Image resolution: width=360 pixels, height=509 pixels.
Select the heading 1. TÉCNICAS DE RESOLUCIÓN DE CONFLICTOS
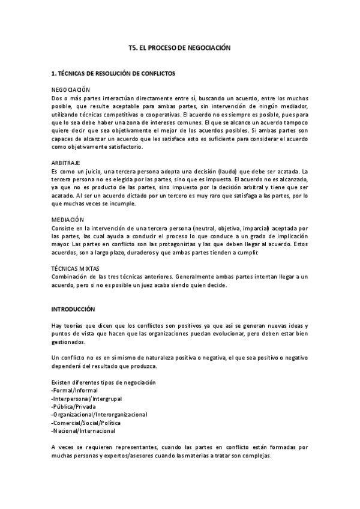click(x=113, y=73)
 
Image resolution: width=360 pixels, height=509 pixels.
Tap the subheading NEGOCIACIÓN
click(x=71, y=89)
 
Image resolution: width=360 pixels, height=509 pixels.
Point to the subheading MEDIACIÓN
click(x=68, y=220)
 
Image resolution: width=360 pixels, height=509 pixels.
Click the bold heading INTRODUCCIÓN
click(x=73, y=309)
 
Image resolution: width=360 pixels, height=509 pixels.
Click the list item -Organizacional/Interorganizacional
click(x=99, y=414)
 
